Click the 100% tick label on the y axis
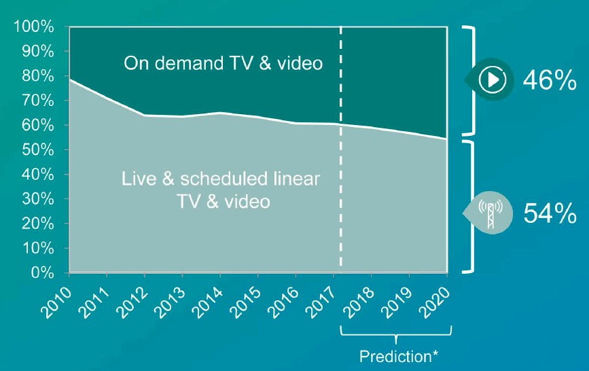[x=34, y=27]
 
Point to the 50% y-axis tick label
[x=38, y=150]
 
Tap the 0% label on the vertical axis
[x=42, y=272]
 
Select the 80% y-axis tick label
[x=38, y=76]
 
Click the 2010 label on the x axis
[x=56, y=303]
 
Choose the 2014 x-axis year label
[x=207, y=303]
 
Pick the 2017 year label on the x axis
[x=321, y=303]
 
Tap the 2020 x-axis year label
[x=434, y=303]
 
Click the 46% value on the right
[x=550, y=79]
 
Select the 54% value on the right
[x=550, y=213]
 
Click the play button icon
[x=492, y=79]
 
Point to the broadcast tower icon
[x=490, y=213]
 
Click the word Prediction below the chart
[x=395, y=356]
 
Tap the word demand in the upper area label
[x=190, y=63]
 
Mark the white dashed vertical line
[x=341, y=147]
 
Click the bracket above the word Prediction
[x=395, y=334]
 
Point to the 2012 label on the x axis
[x=132, y=303]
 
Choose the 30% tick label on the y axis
[x=38, y=199]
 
